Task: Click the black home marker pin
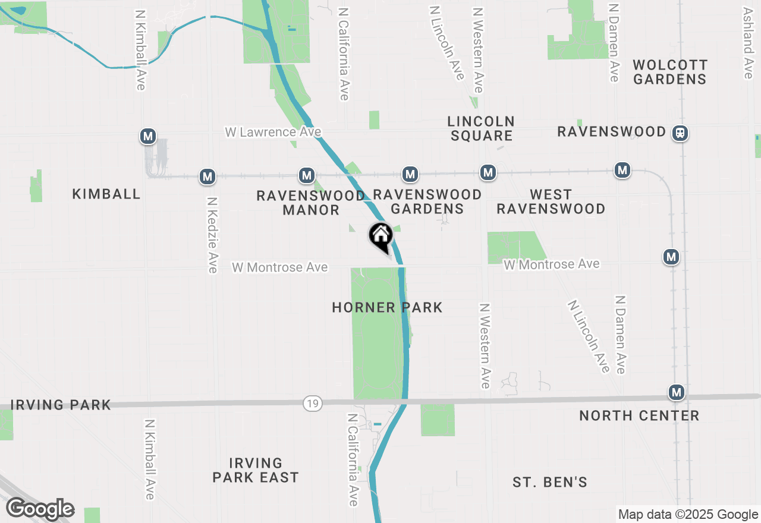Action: pos(381,237)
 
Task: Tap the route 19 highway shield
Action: pos(312,404)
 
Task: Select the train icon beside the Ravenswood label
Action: pos(680,133)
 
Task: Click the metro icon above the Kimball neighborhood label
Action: pos(148,136)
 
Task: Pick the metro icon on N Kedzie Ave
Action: pos(207,176)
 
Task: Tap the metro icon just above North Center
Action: pos(676,392)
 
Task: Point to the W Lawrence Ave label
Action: pos(273,132)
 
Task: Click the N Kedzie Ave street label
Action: pos(212,235)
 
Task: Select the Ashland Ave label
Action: pos(749,43)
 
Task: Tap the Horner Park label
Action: pos(387,307)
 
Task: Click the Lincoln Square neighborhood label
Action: pos(481,128)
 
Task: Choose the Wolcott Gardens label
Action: pos(670,72)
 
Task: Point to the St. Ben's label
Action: pos(550,482)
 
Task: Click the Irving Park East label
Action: pos(256,470)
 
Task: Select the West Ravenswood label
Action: pos(551,201)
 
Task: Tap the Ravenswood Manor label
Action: pos(311,203)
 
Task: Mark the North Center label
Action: pos(639,415)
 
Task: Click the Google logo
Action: pos(40,509)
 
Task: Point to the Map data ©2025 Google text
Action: pos(688,515)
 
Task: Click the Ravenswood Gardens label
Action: pos(427,201)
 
